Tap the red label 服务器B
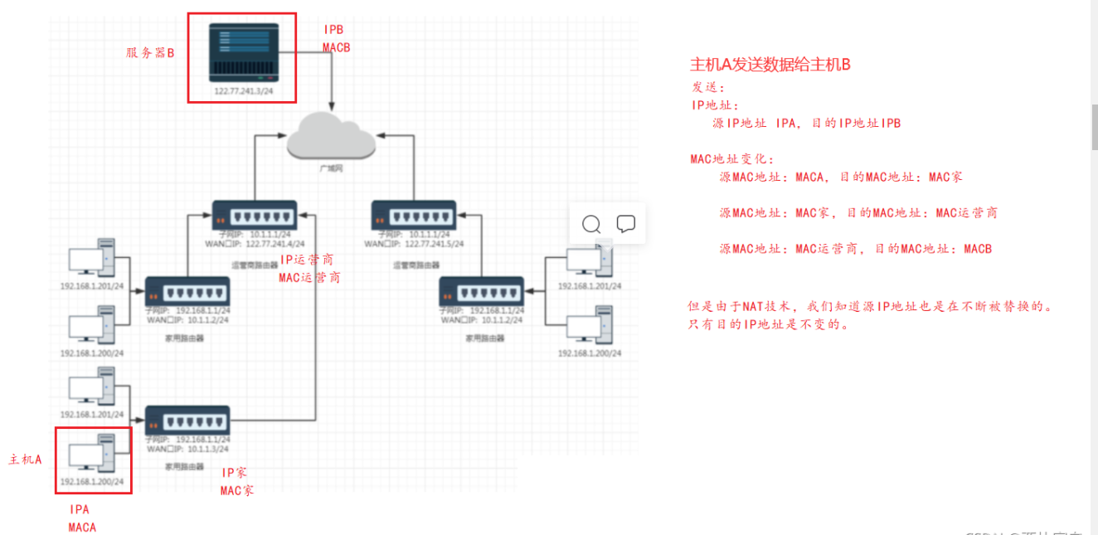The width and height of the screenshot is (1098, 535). pos(150,53)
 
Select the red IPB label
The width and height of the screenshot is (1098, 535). pos(333,30)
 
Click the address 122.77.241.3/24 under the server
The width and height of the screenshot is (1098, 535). pos(241,91)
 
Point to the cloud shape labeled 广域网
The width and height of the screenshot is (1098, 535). pos(331,139)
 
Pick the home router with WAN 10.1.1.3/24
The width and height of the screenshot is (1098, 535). pos(187,420)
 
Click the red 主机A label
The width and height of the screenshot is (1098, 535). pos(26,459)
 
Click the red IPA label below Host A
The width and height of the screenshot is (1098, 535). pos(80,509)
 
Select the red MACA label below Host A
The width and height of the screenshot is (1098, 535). pos(82,528)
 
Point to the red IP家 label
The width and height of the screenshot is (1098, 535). pos(235,472)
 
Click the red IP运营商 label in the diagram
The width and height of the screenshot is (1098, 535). pos(307,260)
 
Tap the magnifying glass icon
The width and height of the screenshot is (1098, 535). pos(591,224)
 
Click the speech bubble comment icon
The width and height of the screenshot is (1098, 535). pos(626,224)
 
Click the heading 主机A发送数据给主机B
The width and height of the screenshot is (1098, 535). pos(770,65)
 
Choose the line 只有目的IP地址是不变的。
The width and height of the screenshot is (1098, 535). pos(769,324)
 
